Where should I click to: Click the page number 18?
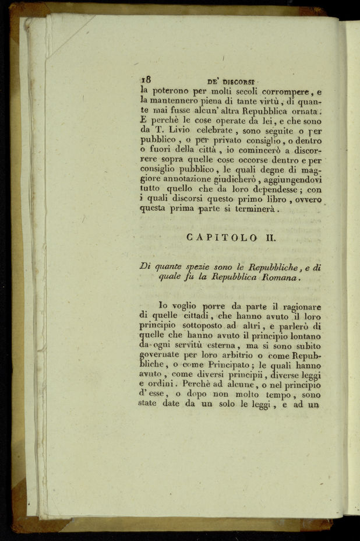(x=146, y=81)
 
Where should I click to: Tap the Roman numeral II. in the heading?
(x=268, y=238)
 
